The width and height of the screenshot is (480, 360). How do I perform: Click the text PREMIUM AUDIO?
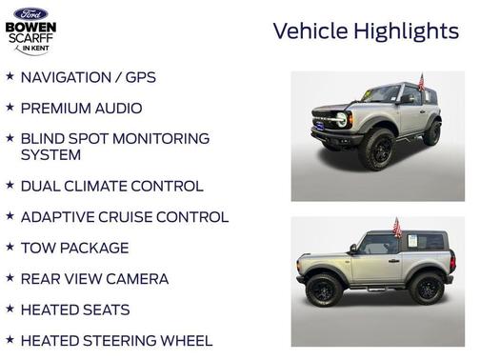(x=81, y=109)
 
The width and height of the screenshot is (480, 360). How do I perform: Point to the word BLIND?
(x=45, y=139)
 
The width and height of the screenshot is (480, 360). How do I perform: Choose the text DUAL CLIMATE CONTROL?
(x=111, y=187)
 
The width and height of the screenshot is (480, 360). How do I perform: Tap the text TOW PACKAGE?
(x=74, y=248)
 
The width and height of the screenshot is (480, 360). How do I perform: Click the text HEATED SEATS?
(x=75, y=310)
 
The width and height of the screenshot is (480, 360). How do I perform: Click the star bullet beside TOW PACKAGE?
(x=10, y=247)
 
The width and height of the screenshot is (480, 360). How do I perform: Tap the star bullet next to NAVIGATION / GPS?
(x=10, y=76)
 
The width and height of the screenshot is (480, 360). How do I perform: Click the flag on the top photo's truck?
(x=420, y=83)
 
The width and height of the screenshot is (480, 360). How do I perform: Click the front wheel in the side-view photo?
(x=324, y=289)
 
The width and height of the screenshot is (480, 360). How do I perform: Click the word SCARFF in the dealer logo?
(x=30, y=37)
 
